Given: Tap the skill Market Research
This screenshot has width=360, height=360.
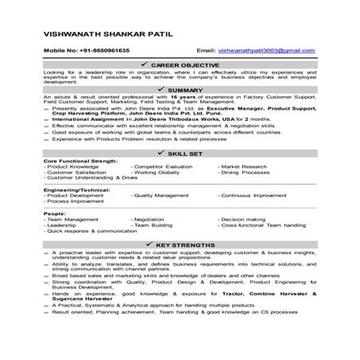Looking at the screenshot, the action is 247,165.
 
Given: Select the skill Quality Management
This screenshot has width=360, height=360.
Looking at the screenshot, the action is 164,195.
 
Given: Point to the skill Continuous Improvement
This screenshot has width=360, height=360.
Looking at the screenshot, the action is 258,195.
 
